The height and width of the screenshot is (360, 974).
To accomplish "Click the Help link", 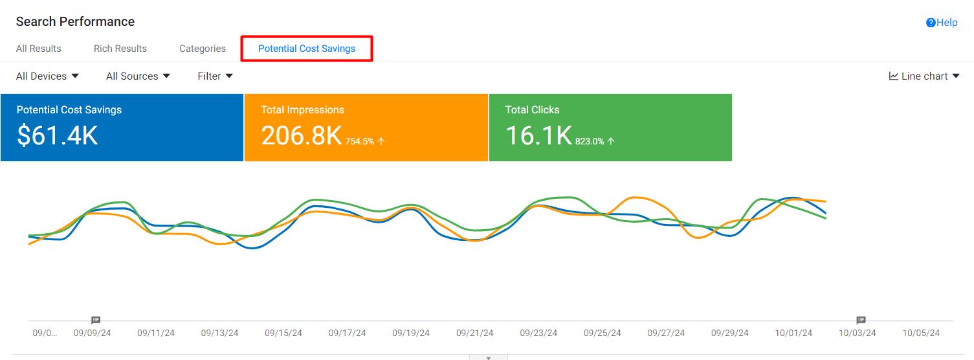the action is point(942,23).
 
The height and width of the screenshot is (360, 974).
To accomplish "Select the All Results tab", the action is point(39,49).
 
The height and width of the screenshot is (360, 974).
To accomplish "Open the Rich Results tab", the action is point(120,49).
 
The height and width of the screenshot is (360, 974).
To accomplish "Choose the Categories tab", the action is point(203,49).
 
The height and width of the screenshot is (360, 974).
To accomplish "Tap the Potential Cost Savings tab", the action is point(307,49).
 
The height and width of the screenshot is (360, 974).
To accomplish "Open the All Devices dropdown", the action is point(47,76).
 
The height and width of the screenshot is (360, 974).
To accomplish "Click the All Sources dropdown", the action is point(138,76).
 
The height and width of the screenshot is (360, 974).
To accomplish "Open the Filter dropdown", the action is point(216,76).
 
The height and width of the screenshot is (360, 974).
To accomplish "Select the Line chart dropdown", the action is point(924,76).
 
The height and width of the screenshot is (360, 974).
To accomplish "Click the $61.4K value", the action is point(58,135).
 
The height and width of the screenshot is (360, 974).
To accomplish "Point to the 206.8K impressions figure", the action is point(302,135).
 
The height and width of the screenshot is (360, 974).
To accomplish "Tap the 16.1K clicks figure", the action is point(538,135).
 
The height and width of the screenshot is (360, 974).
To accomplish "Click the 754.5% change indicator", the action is point(365,141).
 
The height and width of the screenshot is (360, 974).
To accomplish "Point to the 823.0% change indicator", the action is point(595,141).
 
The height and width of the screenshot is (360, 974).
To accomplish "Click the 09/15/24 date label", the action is point(283,333).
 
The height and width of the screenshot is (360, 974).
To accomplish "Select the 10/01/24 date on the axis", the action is point(793,333).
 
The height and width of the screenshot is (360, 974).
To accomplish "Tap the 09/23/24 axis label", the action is point(538,333).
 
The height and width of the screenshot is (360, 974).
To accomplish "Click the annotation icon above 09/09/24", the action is point(96,321).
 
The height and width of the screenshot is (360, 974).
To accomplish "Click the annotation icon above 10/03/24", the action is point(861,321).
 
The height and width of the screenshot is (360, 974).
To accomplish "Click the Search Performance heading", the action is point(75,22).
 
